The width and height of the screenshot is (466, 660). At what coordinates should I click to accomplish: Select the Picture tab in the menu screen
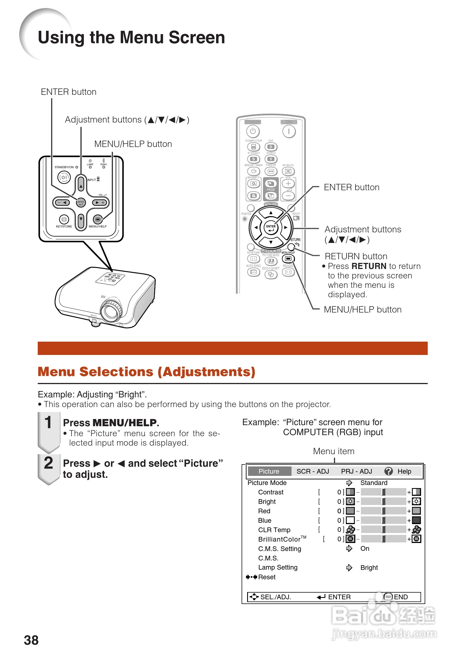(269, 471)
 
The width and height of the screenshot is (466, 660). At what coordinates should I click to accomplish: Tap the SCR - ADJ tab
(313, 471)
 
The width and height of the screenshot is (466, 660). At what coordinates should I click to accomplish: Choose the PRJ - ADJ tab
(356, 471)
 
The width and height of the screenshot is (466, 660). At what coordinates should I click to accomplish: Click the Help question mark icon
(388, 471)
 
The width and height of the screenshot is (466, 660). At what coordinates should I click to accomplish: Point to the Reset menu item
(267, 577)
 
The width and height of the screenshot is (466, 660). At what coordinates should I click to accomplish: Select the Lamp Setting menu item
(278, 567)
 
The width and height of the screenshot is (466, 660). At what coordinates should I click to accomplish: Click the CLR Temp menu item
(274, 530)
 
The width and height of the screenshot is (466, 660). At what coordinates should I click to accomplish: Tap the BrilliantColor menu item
(279, 539)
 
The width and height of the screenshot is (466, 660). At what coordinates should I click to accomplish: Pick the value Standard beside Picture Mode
(374, 483)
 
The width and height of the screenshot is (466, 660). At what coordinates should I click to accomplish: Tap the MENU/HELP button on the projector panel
(98, 220)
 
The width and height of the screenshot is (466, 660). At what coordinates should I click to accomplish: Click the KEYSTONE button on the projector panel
(64, 220)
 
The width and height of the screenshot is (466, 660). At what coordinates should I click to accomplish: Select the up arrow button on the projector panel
(81, 184)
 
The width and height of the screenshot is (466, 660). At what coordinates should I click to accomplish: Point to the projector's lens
(109, 312)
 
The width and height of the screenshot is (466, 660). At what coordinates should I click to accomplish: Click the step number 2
(49, 463)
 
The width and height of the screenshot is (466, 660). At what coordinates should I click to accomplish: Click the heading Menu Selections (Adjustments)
(147, 372)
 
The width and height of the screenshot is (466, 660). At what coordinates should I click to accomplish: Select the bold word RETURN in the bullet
(369, 266)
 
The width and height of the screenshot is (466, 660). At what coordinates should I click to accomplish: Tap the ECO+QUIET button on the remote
(271, 275)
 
